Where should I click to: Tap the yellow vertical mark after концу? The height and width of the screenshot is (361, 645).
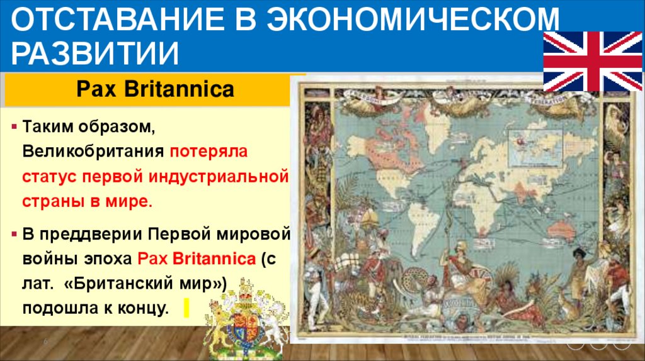[186, 308]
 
